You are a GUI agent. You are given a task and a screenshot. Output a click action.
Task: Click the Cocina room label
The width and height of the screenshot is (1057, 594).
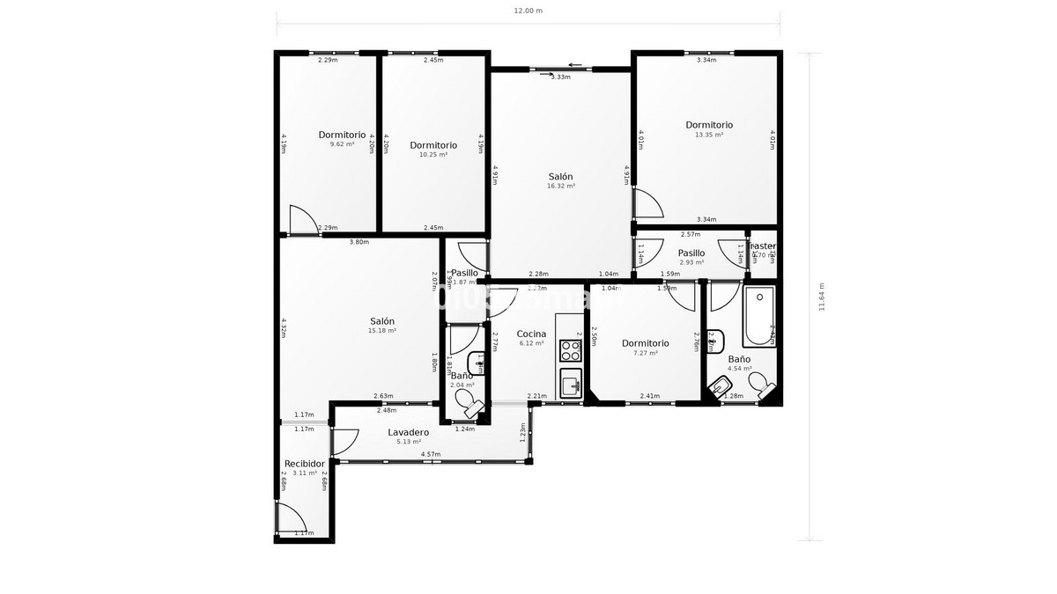pos(531,334)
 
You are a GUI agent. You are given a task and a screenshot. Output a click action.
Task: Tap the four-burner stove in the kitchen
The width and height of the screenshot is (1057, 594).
pos(571,350)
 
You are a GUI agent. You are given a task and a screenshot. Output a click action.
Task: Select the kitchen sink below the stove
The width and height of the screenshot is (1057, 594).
pos(571,384)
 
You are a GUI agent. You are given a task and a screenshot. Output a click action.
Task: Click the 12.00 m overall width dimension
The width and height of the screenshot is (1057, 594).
pos(528,11)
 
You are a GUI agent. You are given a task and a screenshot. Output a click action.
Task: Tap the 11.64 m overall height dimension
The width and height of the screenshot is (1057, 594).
pos(822,297)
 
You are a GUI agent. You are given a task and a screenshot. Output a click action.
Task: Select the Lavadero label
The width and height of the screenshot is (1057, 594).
pos(409,432)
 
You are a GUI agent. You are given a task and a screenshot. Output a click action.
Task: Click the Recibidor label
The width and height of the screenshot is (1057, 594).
pos(305,464)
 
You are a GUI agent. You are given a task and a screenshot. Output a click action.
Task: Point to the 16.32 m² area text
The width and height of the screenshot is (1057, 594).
pos(560,187)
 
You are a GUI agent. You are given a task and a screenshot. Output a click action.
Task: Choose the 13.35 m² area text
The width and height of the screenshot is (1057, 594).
pos(709,135)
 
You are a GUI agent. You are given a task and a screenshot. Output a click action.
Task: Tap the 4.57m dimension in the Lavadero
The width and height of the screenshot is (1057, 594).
pos(431,454)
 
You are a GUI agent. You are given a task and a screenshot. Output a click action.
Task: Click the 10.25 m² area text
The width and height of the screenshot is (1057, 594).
pos(433,155)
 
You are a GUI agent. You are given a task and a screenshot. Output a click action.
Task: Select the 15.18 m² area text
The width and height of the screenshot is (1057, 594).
pos(382,331)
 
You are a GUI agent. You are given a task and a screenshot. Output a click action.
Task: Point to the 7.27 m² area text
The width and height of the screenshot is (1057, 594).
pos(646,353)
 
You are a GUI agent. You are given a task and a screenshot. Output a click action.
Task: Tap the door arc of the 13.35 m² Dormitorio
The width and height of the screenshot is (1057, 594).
pos(648,204)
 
